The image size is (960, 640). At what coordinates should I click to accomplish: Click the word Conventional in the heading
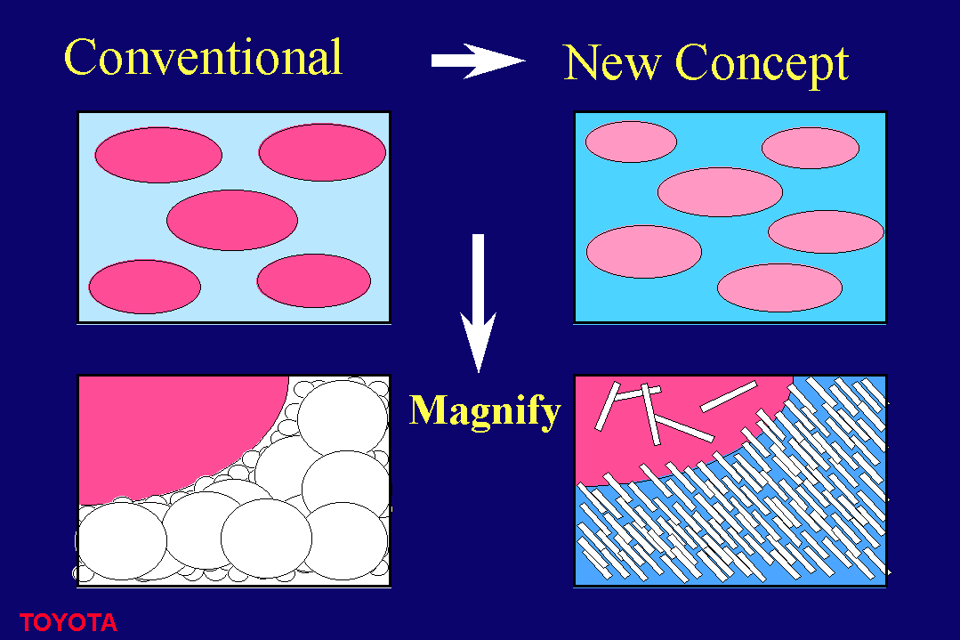point(203,57)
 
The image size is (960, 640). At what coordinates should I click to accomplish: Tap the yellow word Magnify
point(484,412)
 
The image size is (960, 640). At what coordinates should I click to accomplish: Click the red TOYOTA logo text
point(68,623)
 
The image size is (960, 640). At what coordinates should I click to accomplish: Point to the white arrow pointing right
point(478,61)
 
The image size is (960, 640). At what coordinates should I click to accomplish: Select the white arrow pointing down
point(478,304)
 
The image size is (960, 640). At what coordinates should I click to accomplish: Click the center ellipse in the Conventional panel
point(232,220)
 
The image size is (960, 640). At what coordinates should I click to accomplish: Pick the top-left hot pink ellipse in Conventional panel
point(158,155)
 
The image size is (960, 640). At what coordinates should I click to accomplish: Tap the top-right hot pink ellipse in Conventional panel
point(322,152)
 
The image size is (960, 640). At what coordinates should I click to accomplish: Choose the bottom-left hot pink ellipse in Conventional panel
point(144,287)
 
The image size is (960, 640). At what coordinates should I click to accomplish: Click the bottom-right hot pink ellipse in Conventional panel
point(313,280)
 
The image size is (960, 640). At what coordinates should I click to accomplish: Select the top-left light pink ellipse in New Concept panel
point(631,142)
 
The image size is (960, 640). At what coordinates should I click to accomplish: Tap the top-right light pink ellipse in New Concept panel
point(810,148)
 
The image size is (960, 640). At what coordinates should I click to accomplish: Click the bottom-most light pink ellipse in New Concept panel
point(779,288)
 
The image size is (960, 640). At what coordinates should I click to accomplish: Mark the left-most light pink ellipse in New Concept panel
point(643,252)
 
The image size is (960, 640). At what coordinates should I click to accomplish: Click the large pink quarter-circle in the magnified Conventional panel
point(172,435)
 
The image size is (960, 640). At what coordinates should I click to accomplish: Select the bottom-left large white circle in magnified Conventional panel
point(122,541)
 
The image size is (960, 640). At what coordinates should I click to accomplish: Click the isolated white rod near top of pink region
point(729,396)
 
